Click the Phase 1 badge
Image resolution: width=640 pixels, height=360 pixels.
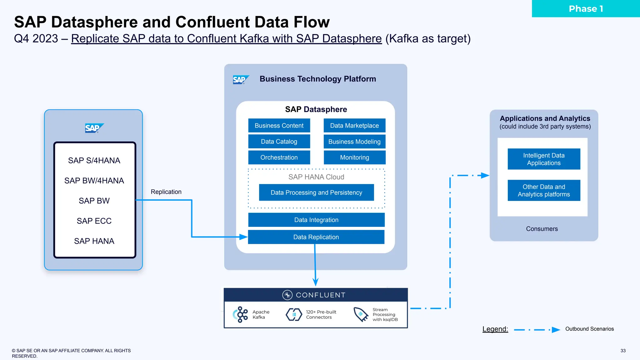[x=586, y=9]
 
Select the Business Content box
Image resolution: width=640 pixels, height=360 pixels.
[x=279, y=126]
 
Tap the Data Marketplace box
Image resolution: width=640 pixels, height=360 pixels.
[x=354, y=126]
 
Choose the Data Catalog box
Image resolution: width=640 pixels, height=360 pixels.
[x=279, y=142]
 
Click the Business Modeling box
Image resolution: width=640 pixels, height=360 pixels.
[x=354, y=142]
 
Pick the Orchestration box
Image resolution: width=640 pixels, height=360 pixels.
[x=279, y=157]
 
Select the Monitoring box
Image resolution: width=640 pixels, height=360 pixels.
[x=354, y=157]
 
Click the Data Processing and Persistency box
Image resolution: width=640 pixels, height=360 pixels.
[x=316, y=192]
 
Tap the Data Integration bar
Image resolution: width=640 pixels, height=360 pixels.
[x=316, y=220]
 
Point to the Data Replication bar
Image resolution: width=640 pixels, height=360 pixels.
[x=316, y=237]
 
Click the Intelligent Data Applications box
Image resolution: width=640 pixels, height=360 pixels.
[x=544, y=159]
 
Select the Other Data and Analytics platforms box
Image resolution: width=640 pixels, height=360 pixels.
[x=544, y=190]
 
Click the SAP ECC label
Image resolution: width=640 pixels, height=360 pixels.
[x=94, y=221]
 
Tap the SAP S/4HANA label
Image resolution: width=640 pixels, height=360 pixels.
[x=94, y=161]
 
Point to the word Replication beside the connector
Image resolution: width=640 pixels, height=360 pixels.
[x=166, y=192]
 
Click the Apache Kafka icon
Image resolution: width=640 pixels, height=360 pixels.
[x=241, y=314]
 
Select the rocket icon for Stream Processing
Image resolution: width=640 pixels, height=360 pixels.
[x=361, y=314]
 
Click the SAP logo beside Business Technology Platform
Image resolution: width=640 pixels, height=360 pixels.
[x=240, y=80]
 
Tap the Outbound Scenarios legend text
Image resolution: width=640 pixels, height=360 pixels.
[x=589, y=329]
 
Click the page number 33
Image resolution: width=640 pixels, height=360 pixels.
[x=623, y=351]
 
